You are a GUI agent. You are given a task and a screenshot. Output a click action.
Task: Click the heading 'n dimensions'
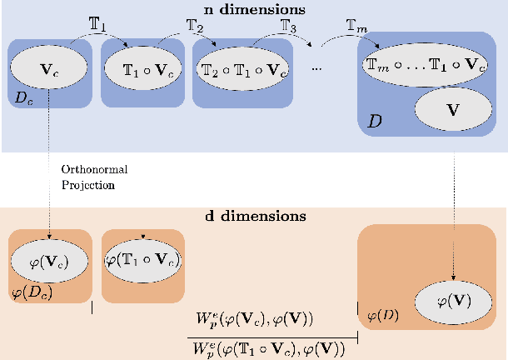tap(253, 10)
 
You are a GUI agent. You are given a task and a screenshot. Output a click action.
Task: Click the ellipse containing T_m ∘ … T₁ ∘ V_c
tap(424, 64)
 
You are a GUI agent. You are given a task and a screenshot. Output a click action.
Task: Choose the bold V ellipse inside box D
tap(453, 108)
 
